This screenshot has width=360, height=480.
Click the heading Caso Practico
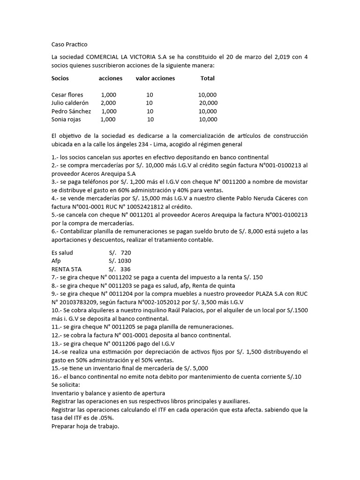(x=69, y=45)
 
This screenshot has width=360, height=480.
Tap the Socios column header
(x=61, y=78)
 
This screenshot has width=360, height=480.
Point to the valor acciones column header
(x=155, y=78)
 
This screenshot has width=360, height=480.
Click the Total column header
(x=207, y=78)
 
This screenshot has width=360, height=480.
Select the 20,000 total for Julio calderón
(x=208, y=103)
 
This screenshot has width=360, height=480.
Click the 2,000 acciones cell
(x=108, y=103)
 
